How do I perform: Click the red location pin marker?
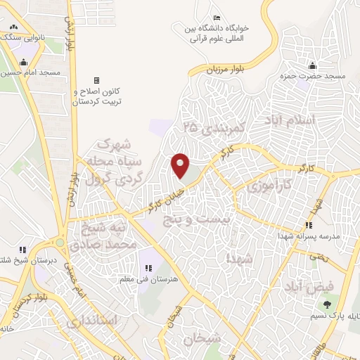coord(181,165)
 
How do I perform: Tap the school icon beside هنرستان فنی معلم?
coord(148,268)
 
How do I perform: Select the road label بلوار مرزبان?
coord(224,69)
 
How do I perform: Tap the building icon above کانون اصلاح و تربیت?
coord(96,80)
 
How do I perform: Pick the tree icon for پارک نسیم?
coord(327,304)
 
